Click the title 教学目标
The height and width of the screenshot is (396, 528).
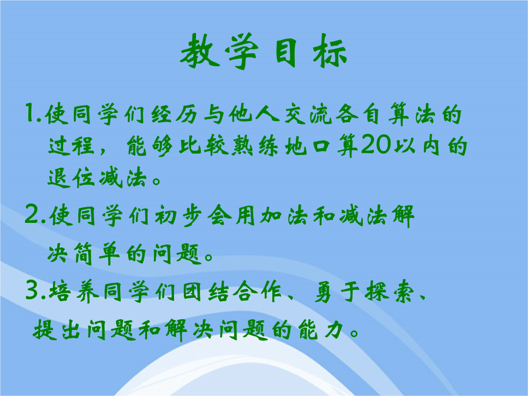click(264, 51)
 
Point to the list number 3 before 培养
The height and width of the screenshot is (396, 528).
click(33, 290)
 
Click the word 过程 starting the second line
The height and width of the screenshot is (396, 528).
click(71, 146)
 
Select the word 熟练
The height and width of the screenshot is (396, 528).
click(256, 146)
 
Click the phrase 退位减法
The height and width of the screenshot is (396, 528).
click(98, 177)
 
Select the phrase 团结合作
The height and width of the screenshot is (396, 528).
click(232, 291)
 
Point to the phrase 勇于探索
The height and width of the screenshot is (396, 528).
click(364, 291)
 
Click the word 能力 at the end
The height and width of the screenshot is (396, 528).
click(321, 330)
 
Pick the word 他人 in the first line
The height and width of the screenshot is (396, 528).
click(254, 114)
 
